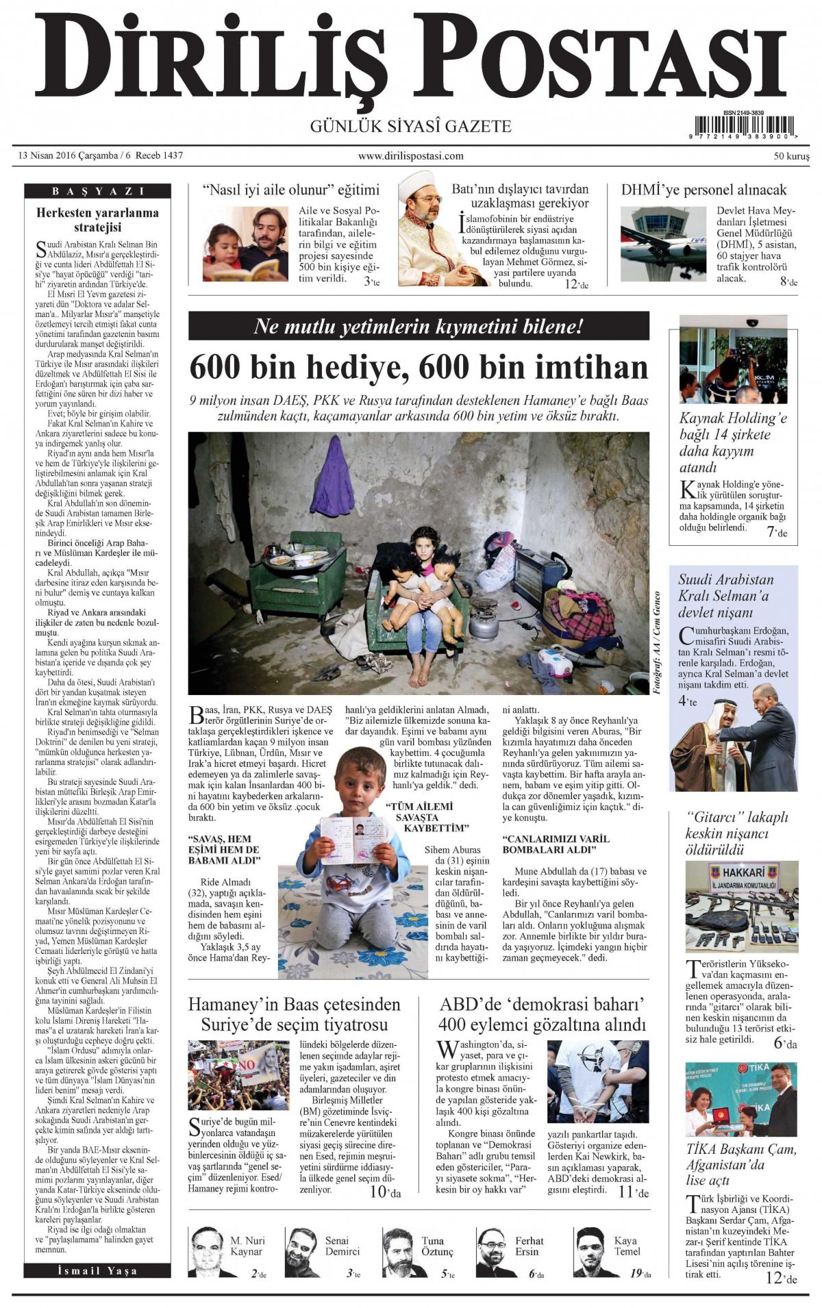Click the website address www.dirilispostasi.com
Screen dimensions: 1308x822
pyautogui.click(x=410, y=156)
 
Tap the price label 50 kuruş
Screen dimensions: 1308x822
pyautogui.click(x=791, y=156)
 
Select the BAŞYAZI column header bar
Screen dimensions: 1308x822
pyautogui.click(x=97, y=191)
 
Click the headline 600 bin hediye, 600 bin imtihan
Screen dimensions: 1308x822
pyautogui.click(x=418, y=368)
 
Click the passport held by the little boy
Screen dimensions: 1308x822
pyautogui.click(x=355, y=839)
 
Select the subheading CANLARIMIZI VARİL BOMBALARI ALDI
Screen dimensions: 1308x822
pyautogui.click(x=556, y=844)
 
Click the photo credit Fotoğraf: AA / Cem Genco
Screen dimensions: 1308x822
pyautogui.click(x=657, y=643)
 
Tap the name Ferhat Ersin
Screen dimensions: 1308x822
pyautogui.click(x=530, y=1246)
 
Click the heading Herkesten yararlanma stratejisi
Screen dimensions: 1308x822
pyautogui.click(x=97, y=219)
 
